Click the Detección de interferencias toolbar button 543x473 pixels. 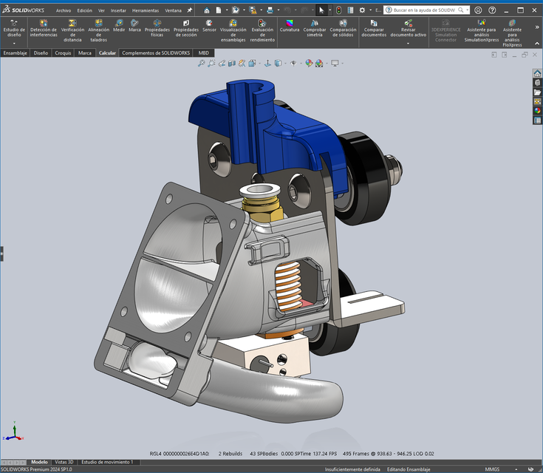coord(44,30)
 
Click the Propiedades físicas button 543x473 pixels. coord(157,29)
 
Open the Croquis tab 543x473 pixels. coord(64,53)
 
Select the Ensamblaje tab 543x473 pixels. coord(15,53)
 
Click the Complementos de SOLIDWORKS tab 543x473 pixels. coord(156,53)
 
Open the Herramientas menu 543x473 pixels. coord(145,10)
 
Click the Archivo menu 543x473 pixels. coord(64,10)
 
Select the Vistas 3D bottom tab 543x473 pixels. coord(64,461)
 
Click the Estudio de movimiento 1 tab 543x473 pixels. coord(107,461)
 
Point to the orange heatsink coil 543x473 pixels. coord(292,285)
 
